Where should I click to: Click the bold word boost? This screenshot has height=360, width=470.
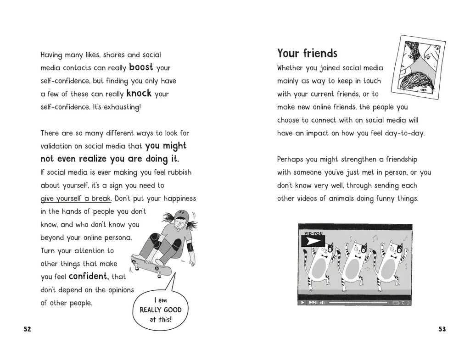141,67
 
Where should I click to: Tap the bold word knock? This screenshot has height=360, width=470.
139,94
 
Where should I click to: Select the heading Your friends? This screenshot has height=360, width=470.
307,54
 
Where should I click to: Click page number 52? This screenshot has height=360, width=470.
27,329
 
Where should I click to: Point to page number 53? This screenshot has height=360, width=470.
442,329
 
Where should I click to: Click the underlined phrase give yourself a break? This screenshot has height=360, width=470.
76,199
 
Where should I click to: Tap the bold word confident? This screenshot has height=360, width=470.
88,277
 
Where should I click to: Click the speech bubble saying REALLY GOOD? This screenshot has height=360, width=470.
161,310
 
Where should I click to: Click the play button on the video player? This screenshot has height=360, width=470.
302,302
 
